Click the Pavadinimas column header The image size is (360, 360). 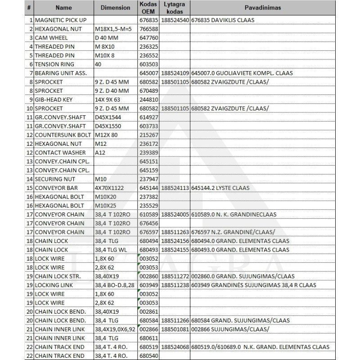(263, 8)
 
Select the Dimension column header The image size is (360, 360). (115, 8)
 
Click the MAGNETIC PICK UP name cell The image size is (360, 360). (59, 20)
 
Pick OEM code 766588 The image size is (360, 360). (148, 29)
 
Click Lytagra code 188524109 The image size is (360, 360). (175, 73)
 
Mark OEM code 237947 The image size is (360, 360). (148, 179)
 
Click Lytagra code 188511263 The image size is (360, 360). (175, 232)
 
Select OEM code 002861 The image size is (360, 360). (148, 311)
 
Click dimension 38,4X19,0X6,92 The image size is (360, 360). (115, 329)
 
